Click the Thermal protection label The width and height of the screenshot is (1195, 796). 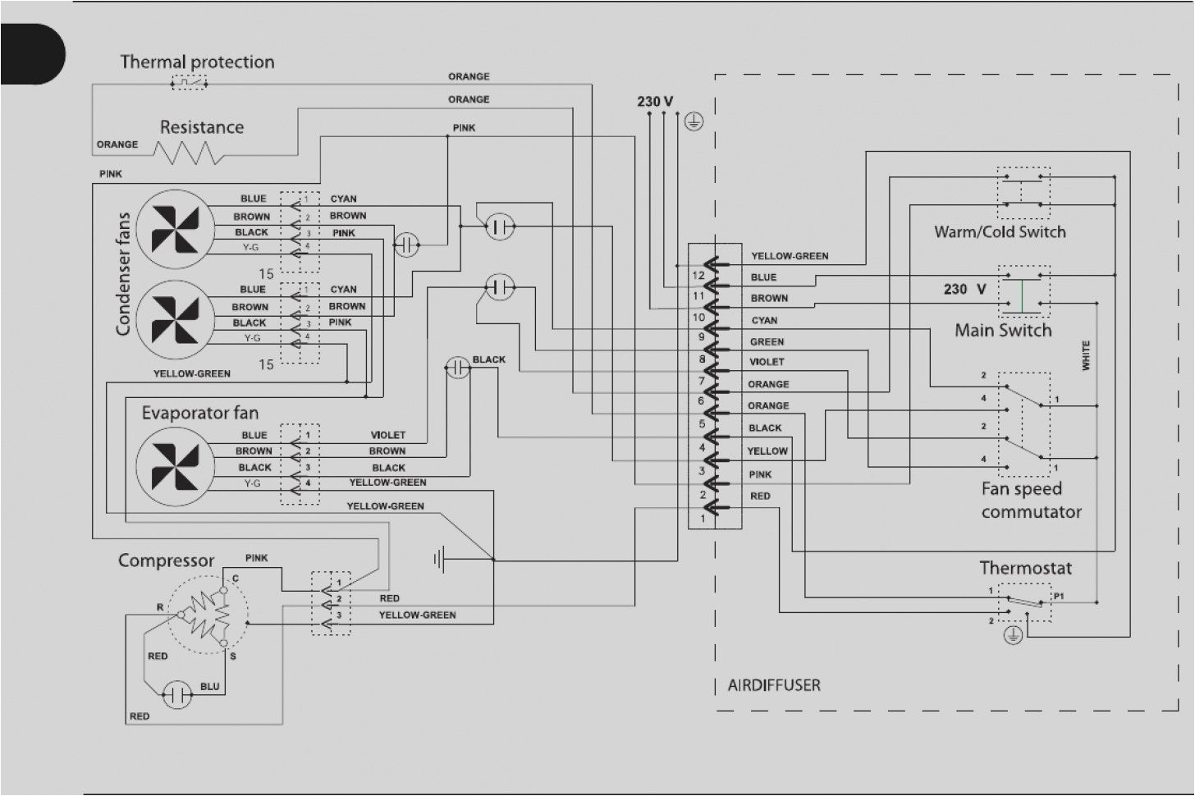197,62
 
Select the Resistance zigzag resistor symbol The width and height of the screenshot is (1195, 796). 189,153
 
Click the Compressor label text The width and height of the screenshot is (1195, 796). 166,561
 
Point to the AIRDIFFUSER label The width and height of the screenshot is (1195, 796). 773,685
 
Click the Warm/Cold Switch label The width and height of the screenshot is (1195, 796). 1000,232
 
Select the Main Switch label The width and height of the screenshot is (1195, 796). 1002,331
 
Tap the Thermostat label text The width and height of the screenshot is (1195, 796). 1025,568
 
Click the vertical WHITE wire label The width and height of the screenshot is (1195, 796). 1086,355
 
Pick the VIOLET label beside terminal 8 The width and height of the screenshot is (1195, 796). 767,362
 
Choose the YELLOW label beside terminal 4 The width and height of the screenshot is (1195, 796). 767,451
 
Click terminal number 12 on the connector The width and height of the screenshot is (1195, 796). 698,276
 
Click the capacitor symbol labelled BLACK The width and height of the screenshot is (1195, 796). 457,368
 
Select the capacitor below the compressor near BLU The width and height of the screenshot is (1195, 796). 176,695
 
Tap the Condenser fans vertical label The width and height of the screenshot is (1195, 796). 123,274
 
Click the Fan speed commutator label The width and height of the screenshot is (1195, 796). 1031,501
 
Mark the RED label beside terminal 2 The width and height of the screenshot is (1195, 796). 760,496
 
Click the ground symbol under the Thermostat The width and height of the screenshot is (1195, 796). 1013,634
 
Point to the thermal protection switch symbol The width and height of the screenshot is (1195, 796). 189,83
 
